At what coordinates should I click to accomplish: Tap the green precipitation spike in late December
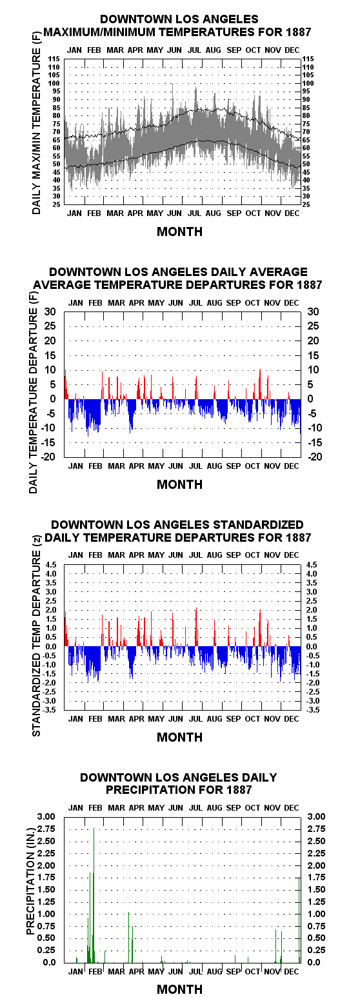point(299,920)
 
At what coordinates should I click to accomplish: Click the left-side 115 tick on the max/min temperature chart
point(54,59)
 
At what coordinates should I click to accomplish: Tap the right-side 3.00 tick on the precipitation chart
point(316,816)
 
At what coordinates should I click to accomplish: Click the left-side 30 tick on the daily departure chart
point(50,311)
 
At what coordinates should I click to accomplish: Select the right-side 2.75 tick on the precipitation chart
point(316,829)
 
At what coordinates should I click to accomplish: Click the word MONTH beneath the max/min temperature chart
point(179,232)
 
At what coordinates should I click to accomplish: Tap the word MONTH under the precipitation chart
point(179,989)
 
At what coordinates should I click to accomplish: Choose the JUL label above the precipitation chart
point(195,808)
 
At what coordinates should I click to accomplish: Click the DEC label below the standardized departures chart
point(292,719)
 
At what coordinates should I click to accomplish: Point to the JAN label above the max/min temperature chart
point(74,50)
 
